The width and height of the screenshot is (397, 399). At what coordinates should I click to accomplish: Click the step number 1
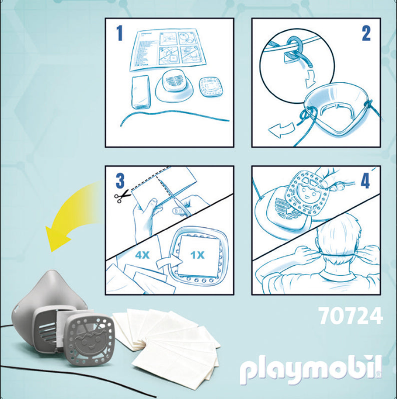119,33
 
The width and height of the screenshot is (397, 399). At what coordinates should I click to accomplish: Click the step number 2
366,33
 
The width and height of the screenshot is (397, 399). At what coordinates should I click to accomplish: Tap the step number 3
120,181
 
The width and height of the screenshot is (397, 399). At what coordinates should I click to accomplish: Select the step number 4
365,181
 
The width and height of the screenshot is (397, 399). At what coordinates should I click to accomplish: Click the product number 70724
351,315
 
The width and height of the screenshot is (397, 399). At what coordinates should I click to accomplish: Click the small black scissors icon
122,197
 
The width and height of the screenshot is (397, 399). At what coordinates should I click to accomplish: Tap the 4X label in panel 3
142,255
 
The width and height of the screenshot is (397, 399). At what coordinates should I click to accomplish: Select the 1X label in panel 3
197,255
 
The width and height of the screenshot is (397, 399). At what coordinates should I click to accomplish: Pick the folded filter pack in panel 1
141,92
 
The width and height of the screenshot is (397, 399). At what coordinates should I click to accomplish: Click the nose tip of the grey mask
53,273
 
